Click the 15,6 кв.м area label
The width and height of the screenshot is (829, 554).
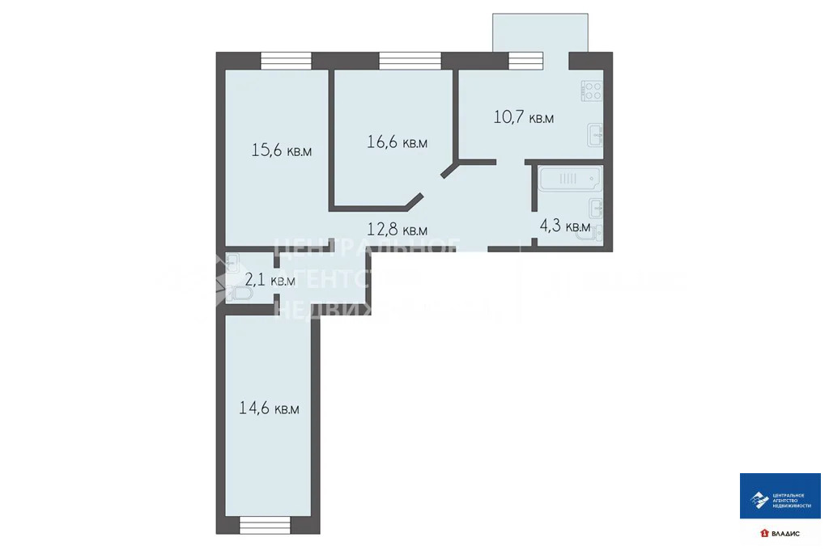[281, 150]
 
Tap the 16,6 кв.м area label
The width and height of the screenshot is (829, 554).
[397, 142]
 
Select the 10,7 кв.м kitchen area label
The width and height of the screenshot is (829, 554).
[523, 117]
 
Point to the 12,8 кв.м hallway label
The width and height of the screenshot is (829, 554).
[397, 230]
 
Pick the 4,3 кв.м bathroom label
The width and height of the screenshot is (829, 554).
[565, 226]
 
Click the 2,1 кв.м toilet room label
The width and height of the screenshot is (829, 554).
[270, 281]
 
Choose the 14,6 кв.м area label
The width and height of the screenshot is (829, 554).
[269, 408]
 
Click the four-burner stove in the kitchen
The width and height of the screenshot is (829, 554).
[592, 91]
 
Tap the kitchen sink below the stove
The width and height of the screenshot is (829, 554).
[595, 135]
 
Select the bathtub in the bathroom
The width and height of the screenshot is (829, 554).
[569, 178]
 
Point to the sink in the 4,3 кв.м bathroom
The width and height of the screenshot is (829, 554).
[597, 207]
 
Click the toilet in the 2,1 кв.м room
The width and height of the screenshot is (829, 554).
[241, 296]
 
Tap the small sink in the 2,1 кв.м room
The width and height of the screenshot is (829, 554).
[232, 260]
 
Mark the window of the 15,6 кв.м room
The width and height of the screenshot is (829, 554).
[286, 61]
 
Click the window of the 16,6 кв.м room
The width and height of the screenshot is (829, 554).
[410, 61]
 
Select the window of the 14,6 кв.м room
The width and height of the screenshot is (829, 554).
[265, 525]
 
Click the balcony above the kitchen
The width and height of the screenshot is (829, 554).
[539, 32]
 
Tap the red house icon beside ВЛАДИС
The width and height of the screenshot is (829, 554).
[763, 534]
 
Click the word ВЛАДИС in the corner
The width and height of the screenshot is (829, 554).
[785, 534]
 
